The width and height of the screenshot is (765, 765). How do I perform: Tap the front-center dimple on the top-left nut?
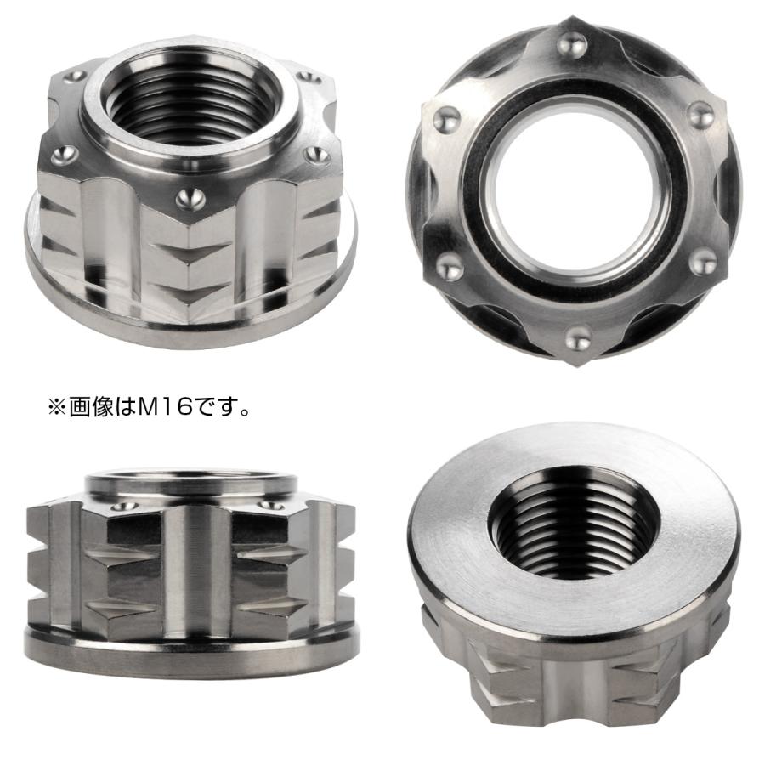(x=188, y=196)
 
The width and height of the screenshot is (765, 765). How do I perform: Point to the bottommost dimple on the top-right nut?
(x=578, y=341)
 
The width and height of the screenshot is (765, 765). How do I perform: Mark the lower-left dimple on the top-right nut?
(x=450, y=269)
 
